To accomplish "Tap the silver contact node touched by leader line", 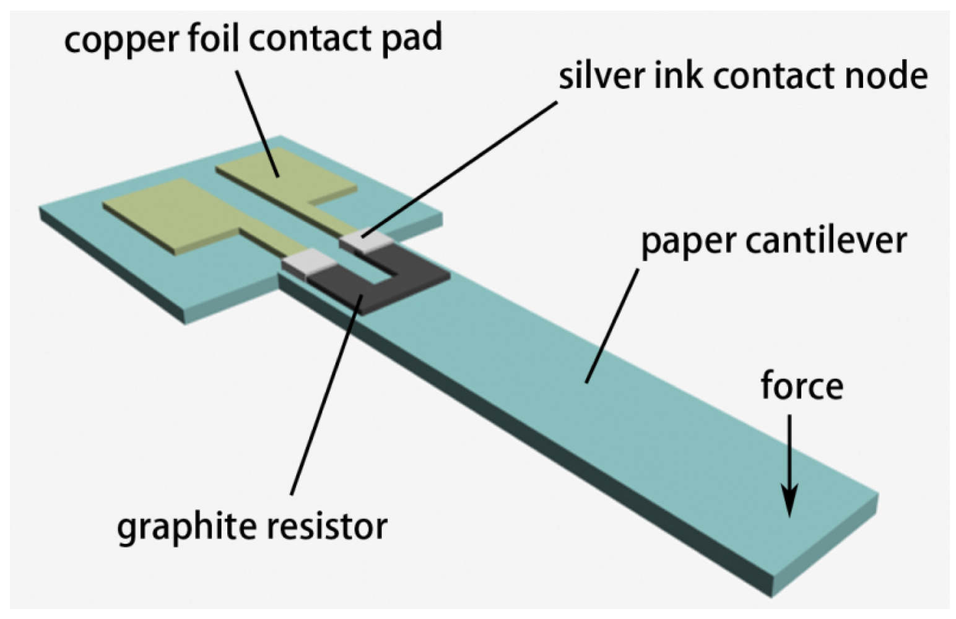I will (365, 241).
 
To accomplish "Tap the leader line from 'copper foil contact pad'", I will (257, 124).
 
